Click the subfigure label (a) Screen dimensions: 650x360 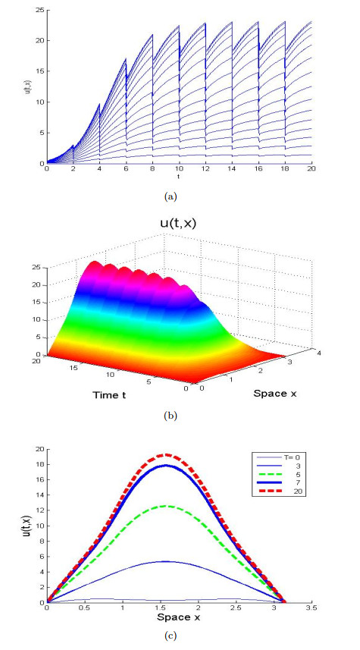tap(180, 195)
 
